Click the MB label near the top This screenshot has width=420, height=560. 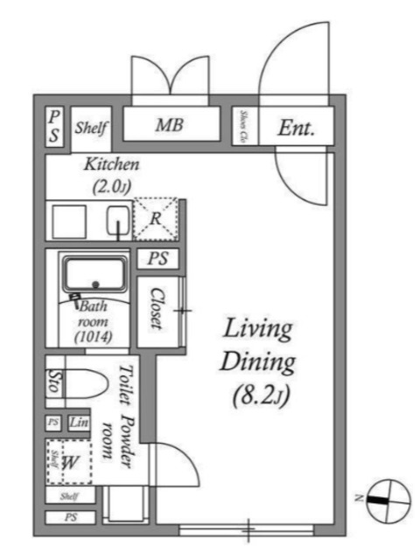point(169,126)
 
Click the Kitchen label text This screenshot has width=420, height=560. point(111,164)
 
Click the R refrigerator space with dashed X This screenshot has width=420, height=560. point(154,219)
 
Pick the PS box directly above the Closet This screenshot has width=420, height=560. point(157,259)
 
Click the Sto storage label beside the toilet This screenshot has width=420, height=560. point(52,383)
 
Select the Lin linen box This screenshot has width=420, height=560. point(77,423)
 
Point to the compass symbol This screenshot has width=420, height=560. point(386,500)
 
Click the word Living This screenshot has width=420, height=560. point(258,330)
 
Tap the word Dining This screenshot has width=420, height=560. point(258,362)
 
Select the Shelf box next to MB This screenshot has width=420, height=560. point(90,127)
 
